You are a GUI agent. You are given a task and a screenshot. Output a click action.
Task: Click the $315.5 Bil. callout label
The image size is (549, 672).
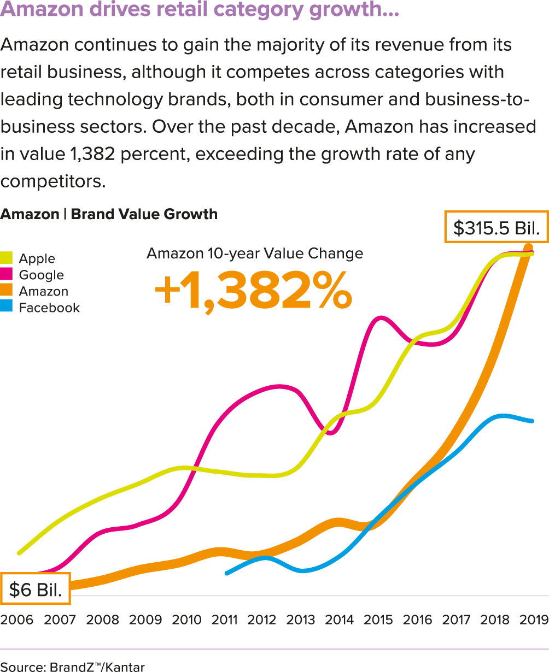click(x=497, y=227)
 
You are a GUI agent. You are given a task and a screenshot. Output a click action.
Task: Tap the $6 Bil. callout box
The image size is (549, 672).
click(x=36, y=589)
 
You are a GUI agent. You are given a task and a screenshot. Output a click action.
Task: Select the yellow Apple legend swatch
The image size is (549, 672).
click(x=6, y=258)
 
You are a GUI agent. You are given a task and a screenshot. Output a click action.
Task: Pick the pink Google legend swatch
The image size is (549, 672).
click(x=6, y=274)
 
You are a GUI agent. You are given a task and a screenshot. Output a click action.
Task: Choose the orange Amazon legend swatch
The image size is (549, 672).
click(x=6, y=291)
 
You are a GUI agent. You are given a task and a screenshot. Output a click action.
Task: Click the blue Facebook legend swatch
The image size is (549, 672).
click(x=6, y=307)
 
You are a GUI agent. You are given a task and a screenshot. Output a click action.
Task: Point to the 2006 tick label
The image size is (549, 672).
click(x=17, y=620)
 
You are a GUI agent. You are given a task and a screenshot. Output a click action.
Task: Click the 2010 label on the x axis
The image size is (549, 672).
click(x=187, y=620)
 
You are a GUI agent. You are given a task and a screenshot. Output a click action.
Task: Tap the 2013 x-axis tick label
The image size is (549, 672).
click(x=301, y=620)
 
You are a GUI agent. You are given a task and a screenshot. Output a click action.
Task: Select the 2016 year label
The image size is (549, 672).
click(x=417, y=620)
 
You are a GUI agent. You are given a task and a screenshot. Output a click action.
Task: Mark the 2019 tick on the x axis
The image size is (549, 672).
click(x=534, y=620)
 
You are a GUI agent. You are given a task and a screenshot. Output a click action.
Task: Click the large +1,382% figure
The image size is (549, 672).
click(x=253, y=292)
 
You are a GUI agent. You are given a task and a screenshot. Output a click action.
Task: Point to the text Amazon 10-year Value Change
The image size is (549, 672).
click(x=255, y=254)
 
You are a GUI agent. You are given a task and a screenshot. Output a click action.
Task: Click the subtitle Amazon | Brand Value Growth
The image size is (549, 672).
click(x=109, y=214)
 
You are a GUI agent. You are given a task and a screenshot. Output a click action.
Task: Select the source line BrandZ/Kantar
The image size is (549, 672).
click(x=73, y=667)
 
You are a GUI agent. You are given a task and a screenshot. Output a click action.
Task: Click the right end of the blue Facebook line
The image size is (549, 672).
click(x=533, y=421)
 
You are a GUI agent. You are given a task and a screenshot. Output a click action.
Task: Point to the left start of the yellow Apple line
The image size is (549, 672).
click(x=20, y=553)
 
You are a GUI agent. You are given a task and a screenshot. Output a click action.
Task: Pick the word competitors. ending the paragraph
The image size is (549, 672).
click(x=52, y=181)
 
